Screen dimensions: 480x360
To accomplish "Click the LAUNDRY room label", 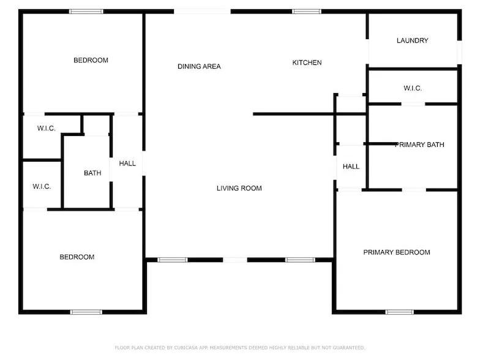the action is coord(413,40).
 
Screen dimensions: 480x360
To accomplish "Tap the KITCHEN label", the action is coord(307,62).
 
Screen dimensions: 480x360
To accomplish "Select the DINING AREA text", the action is coord(199,66).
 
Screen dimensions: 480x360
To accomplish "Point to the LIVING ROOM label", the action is coord(239,188).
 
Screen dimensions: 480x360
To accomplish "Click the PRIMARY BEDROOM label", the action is coord(397,252).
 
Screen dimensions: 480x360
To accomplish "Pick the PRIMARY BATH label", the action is coord(419,144).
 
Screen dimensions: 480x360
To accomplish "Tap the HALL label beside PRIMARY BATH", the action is coord(351,167).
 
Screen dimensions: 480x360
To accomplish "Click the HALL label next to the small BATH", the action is coord(127,163).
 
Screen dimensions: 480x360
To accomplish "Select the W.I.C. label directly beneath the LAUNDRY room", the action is coord(413,88).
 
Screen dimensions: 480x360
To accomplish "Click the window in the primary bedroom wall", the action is coord(399,312).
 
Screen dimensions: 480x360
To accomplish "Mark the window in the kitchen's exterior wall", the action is coord(307,12).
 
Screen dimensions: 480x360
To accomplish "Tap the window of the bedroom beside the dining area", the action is coord(86,12).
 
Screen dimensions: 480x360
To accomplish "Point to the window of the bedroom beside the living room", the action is coord(86,312).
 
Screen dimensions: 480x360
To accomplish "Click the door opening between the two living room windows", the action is coord(235,260).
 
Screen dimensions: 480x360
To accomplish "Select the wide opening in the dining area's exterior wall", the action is coord(202,12).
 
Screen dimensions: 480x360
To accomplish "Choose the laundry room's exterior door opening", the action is coord(459,53).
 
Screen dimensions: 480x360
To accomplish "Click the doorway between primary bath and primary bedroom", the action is coord(414,190).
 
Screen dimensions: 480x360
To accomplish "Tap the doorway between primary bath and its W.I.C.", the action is coord(413,104).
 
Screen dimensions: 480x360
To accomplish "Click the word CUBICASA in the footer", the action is coord(186,348).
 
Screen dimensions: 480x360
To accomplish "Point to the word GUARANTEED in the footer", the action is coord(348,348).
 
